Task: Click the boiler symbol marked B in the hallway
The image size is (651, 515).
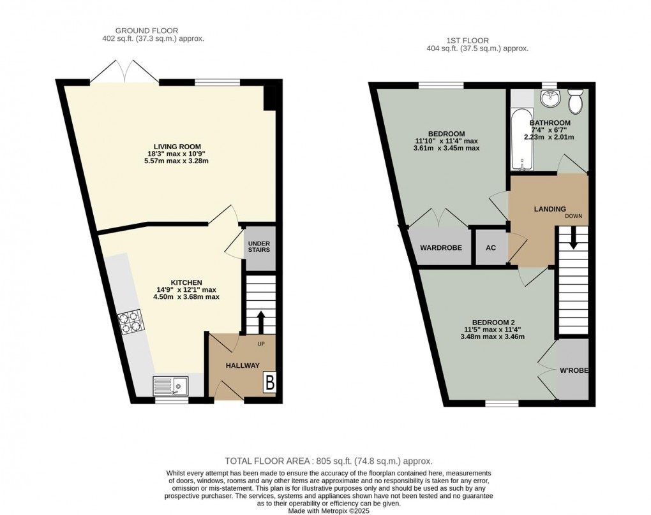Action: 269,383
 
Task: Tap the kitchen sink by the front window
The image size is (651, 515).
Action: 170,385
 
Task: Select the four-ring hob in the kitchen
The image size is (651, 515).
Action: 130,321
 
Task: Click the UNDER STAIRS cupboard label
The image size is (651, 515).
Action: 259,246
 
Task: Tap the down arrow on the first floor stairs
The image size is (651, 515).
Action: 573,239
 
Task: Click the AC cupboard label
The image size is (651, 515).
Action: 491,248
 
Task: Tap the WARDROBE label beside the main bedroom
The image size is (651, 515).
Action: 440,248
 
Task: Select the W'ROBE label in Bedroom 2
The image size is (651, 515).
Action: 574,370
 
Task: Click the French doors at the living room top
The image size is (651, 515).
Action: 124,72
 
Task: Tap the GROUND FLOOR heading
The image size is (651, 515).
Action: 146,30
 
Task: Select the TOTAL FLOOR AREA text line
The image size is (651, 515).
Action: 328,461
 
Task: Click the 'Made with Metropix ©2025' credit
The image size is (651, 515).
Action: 329,511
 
